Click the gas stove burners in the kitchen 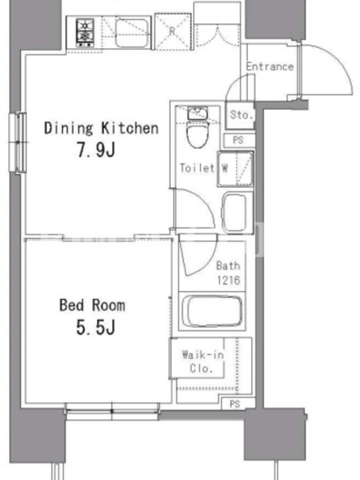[85, 33]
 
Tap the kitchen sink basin [131, 33]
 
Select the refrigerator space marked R [173, 31]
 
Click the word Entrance [269, 67]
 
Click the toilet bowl [197, 134]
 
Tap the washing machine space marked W [235, 169]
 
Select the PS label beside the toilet [238, 140]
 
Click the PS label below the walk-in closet [235, 404]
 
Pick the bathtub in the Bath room [212, 311]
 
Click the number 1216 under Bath [229, 280]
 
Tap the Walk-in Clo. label [203, 361]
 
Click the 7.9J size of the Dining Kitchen [96, 150]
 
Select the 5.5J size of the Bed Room [96, 328]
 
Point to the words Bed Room [92, 305]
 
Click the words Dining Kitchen [101, 128]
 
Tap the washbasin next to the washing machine [235, 212]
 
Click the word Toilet [197, 168]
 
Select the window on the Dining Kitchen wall [18, 142]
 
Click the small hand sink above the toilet [198, 113]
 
